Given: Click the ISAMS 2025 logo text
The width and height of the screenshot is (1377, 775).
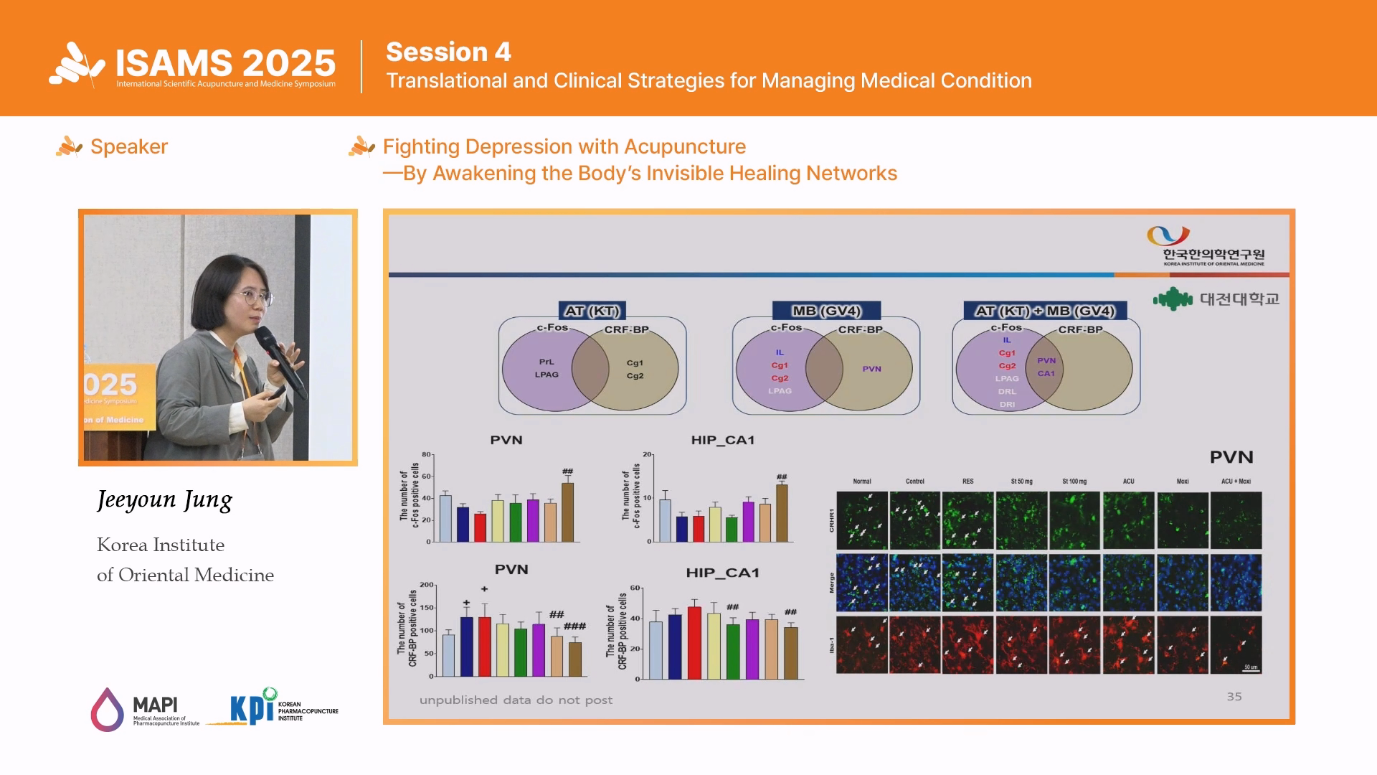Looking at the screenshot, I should pyautogui.click(x=225, y=63).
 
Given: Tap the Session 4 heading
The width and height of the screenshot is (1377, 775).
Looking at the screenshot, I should pyautogui.click(x=448, y=52).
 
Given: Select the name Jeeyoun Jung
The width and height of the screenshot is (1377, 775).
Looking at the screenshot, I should pyautogui.click(x=165, y=499).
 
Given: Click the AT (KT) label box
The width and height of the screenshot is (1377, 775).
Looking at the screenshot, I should pyautogui.click(x=592, y=311).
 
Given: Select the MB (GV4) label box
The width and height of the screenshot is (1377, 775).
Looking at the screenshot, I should pyautogui.click(x=826, y=311).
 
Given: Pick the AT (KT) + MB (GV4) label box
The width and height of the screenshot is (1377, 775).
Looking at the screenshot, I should pyautogui.click(x=1045, y=311).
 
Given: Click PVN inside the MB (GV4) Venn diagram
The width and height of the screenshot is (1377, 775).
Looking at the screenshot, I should pyautogui.click(x=871, y=369).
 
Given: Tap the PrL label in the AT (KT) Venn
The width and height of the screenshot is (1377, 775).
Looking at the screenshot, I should pyautogui.click(x=546, y=362).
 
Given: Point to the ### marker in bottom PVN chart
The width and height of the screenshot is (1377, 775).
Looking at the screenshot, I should pyautogui.click(x=574, y=626).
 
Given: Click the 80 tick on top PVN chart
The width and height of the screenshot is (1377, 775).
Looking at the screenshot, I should pyautogui.click(x=426, y=454).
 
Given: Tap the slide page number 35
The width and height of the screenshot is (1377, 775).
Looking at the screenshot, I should pyautogui.click(x=1234, y=696).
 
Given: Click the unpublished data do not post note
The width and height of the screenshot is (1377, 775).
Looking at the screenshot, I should pyautogui.click(x=516, y=700).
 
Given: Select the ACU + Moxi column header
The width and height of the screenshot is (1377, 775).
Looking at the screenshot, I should pyautogui.click(x=1235, y=482).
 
